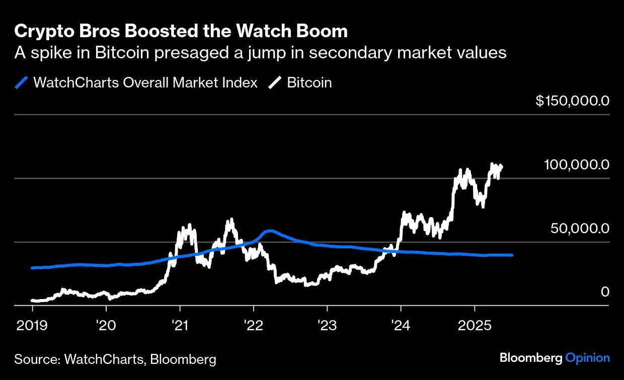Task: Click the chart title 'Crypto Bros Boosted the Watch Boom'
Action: click(181, 32)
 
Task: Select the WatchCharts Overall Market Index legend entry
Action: click(145, 82)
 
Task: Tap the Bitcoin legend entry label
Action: click(309, 82)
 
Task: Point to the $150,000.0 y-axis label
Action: click(572, 101)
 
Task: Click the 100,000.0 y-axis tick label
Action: click(577, 165)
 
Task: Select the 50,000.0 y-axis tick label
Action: click(580, 228)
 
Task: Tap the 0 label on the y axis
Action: click(604, 292)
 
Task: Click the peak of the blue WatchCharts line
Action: click(270, 231)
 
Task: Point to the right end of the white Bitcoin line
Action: click(502, 166)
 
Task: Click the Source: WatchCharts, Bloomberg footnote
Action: click(115, 359)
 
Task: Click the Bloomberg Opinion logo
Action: click(555, 358)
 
